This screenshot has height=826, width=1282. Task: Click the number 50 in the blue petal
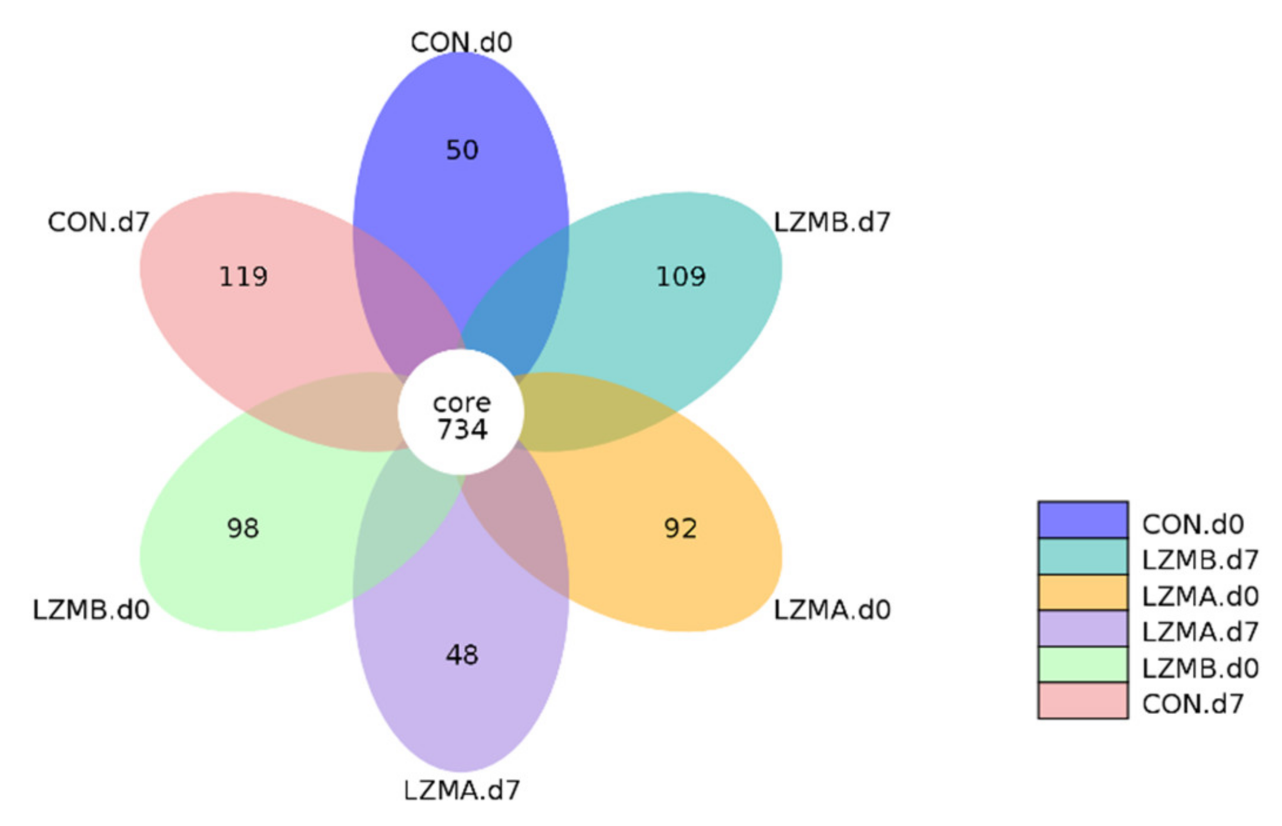[x=462, y=150]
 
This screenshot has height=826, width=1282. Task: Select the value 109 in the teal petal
[x=680, y=277]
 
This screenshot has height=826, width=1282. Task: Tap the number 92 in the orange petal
[x=680, y=528]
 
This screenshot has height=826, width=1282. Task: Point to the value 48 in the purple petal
[x=462, y=655]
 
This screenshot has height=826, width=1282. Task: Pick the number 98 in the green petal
[x=243, y=528]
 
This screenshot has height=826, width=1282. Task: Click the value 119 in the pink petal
[x=243, y=277]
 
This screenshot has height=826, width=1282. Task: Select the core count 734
[x=462, y=429]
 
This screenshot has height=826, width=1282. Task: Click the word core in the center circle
[x=462, y=403]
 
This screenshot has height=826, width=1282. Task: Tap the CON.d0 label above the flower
[x=461, y=42]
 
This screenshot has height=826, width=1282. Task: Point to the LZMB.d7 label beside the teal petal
[x=832, y=222]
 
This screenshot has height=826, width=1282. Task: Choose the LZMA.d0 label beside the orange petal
[x=832, y=610]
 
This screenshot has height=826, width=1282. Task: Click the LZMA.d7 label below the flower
[x=462, y=790]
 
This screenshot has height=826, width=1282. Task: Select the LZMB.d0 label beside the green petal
[x=91, y=610]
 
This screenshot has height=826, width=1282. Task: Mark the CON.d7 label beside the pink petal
[x=98, y=222]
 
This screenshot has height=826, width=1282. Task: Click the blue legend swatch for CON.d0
[x=1083, y=520]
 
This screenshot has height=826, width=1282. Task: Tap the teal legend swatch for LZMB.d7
[x=1083, y=557]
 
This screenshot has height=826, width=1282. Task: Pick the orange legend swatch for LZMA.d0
[x=1083, y=592]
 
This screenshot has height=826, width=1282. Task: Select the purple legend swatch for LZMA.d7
[x=1083, y=629]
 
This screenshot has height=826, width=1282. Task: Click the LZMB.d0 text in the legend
[x=1200, y=668]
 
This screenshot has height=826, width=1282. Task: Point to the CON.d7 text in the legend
[x=1193, y=704]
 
